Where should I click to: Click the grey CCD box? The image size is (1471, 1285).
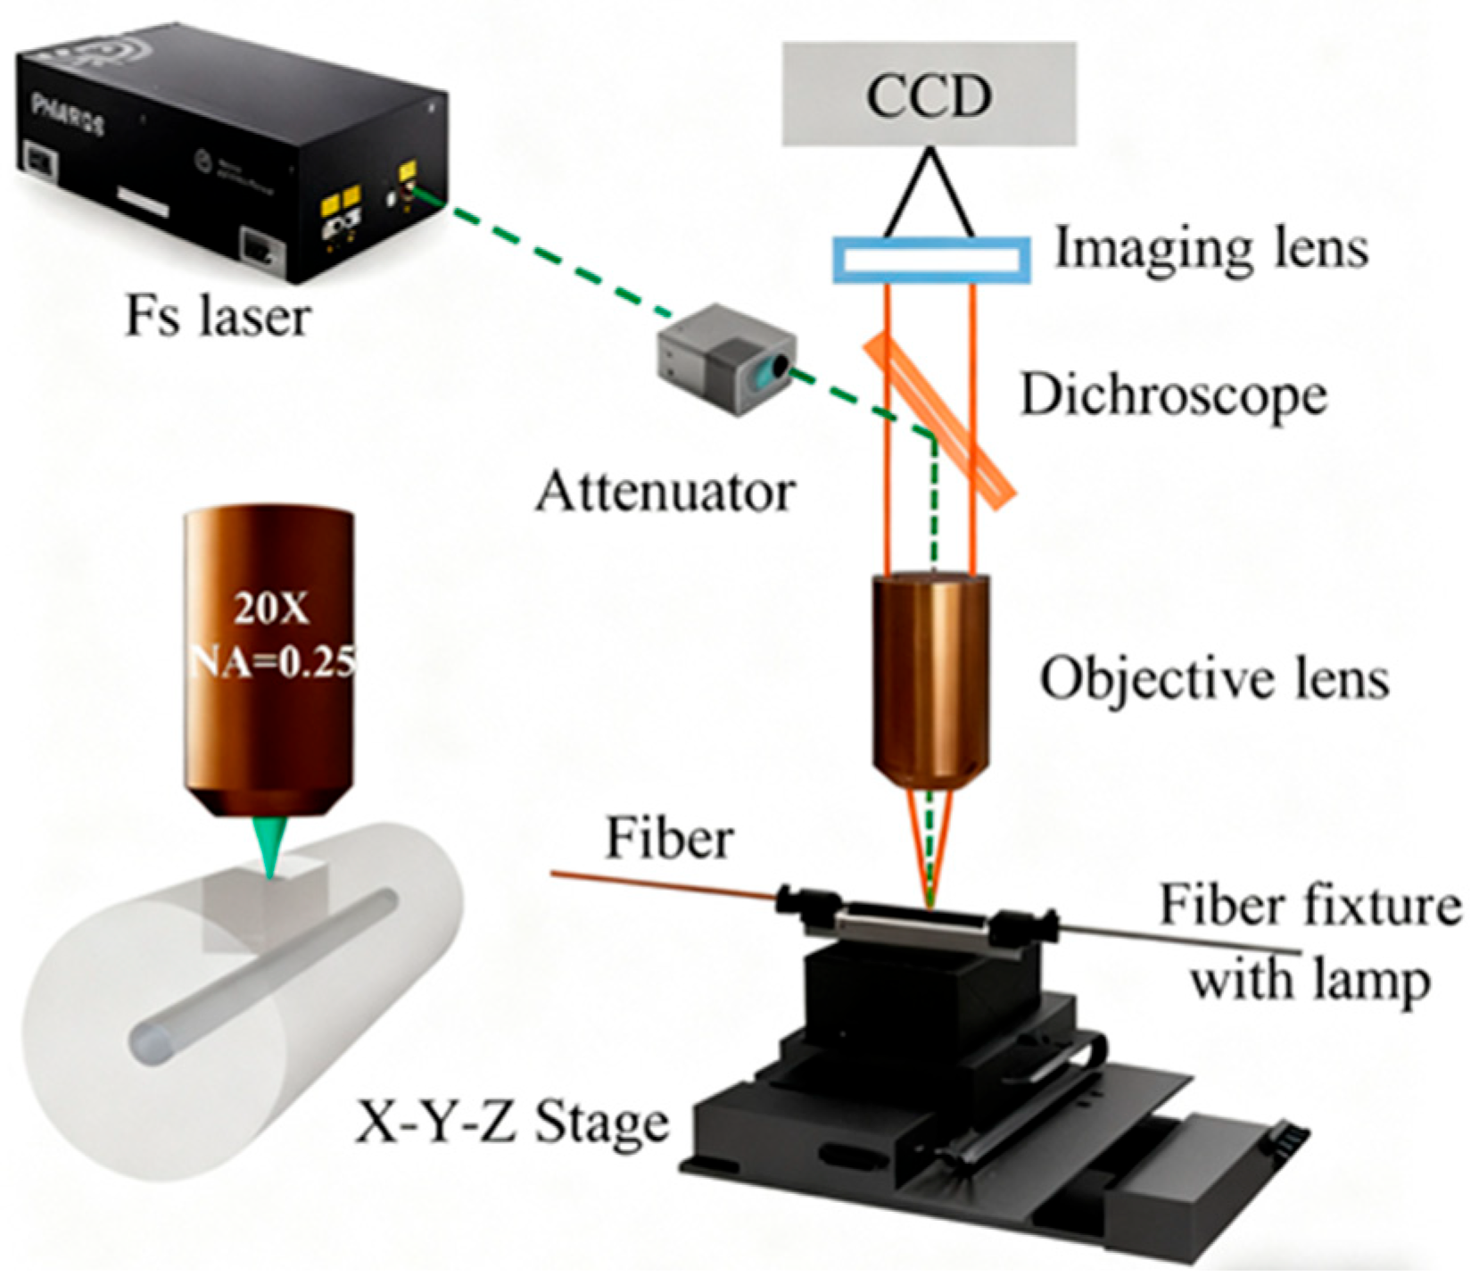[929, 94]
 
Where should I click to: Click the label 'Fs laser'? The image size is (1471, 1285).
[217, 316]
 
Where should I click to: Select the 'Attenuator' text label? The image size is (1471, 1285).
[665, 492]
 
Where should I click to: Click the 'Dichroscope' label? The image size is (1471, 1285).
[1172, 394]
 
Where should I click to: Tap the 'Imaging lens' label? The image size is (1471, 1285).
[1211, 247]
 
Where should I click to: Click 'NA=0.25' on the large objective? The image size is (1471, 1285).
[273, 661]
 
